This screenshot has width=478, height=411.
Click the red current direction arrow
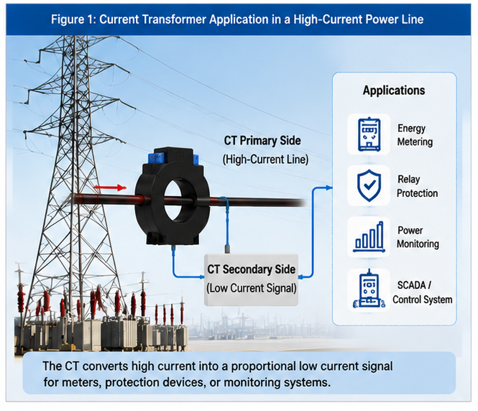click(x=110, y=188)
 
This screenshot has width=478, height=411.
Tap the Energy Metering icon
click(x=369, y=134)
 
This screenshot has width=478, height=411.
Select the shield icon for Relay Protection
click(x=369, y=185)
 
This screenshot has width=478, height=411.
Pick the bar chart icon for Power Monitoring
click(x=369, y=237)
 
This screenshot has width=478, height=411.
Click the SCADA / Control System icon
click(x=369, y=289)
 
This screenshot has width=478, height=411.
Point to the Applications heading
click(x=394, y=91)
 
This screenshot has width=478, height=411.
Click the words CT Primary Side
click(x=262, y=141)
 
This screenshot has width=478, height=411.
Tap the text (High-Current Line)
click(x=265, y=160)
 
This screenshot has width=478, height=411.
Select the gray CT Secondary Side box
click(x=251, y=280)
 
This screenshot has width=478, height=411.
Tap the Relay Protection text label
click(x=417, y=186)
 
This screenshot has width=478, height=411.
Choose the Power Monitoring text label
click(x=418, y=237)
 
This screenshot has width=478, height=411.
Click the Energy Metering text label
click(x=415, y=135)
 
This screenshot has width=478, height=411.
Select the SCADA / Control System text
click(x=422, y=292)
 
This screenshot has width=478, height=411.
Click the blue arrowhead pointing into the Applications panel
click(x=329, y=188)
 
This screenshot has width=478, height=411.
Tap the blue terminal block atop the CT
click(x=156, y=158)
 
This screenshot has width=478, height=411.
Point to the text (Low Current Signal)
click(x=252, y=288)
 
